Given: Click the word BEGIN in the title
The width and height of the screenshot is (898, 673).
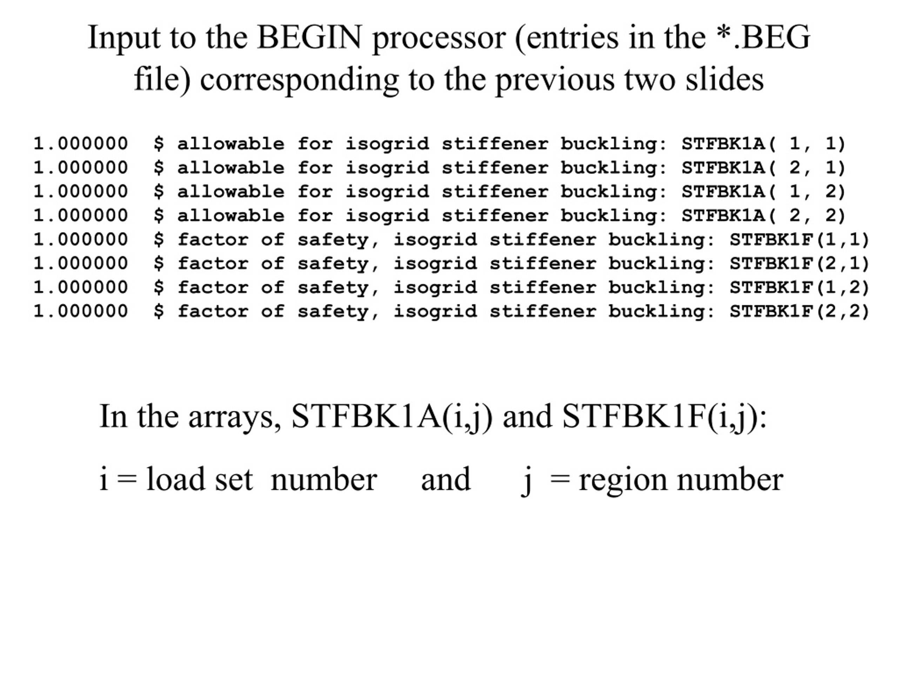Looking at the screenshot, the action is [x=309, y=37].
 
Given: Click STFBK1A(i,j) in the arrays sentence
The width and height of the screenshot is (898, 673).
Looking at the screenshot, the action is [x=392, y=417].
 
